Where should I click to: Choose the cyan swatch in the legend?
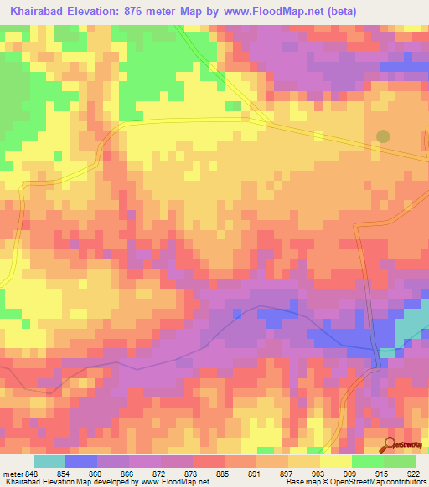click(49, 461)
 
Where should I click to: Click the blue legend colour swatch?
click(80, 461)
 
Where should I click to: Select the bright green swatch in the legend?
click(367, 461)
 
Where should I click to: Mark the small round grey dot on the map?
click(383, 136)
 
